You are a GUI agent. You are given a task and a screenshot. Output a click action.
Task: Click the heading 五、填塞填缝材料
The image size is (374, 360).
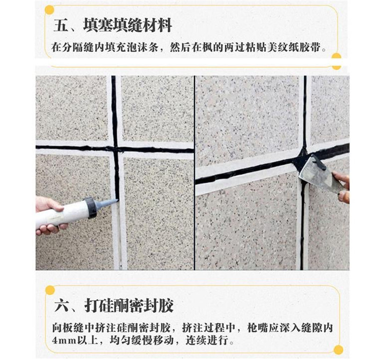(112, 25)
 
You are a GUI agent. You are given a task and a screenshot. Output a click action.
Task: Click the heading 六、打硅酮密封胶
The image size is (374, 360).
(114, 305)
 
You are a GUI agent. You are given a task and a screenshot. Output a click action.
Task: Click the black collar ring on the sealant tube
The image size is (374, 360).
(91, 208)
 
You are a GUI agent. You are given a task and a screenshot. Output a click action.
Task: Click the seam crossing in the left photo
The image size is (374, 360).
(115, 149)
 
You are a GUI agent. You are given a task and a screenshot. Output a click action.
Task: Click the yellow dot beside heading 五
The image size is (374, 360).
(50, 10)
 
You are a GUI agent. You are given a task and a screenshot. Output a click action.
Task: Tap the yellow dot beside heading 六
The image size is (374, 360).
(50, 290)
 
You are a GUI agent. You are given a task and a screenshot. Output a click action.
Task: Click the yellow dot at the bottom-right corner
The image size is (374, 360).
(338, 350)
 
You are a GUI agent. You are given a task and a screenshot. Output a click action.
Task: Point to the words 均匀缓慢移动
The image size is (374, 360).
(142, 340)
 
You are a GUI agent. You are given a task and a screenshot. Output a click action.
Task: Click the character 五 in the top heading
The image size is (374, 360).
(60, 25)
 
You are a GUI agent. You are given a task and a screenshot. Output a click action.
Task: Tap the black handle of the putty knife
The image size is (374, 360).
(320, 162)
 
